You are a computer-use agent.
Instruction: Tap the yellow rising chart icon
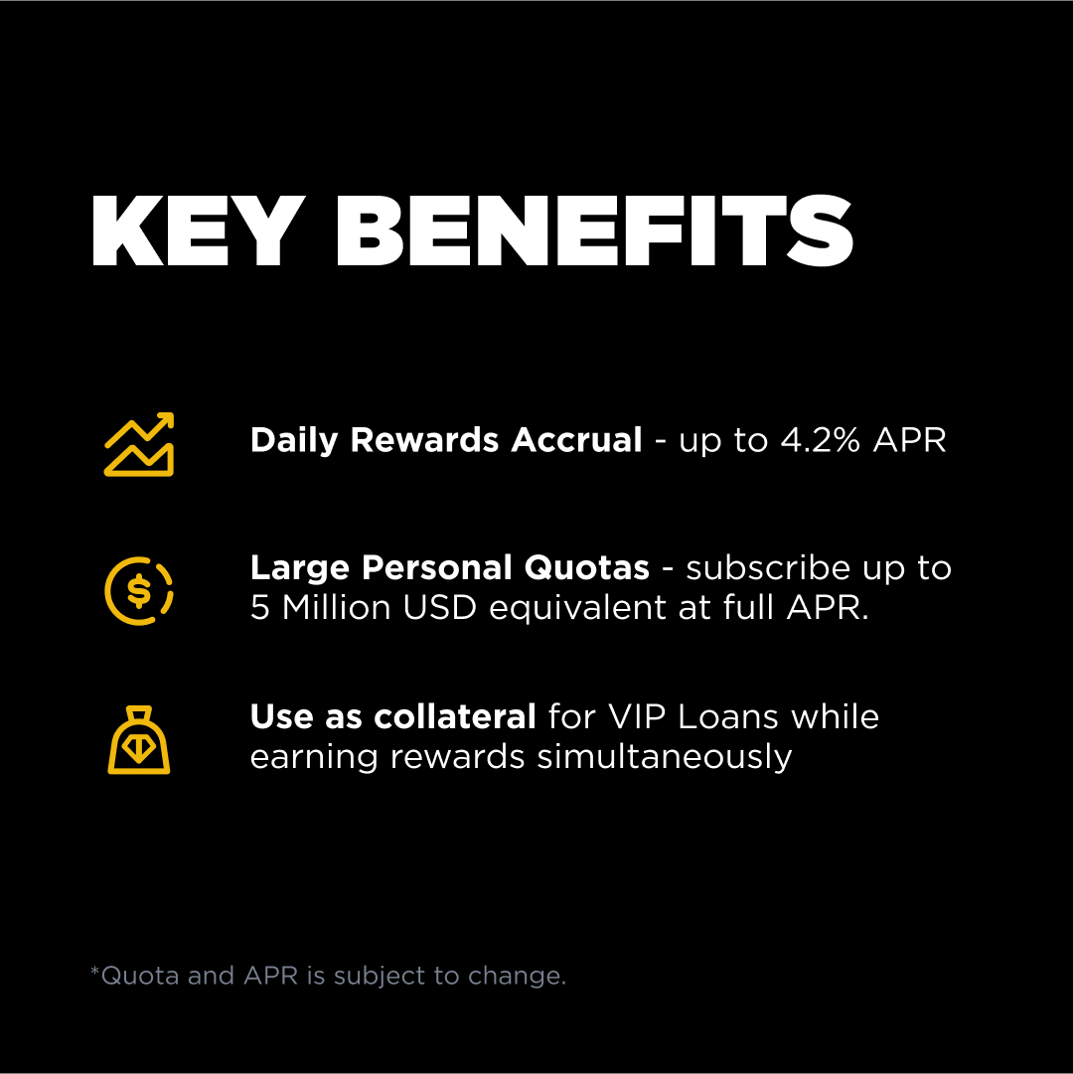139,444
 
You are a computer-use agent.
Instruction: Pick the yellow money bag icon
139,740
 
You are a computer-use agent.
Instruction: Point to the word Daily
295,440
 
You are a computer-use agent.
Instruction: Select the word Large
301,568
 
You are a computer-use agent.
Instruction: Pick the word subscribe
768,568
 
